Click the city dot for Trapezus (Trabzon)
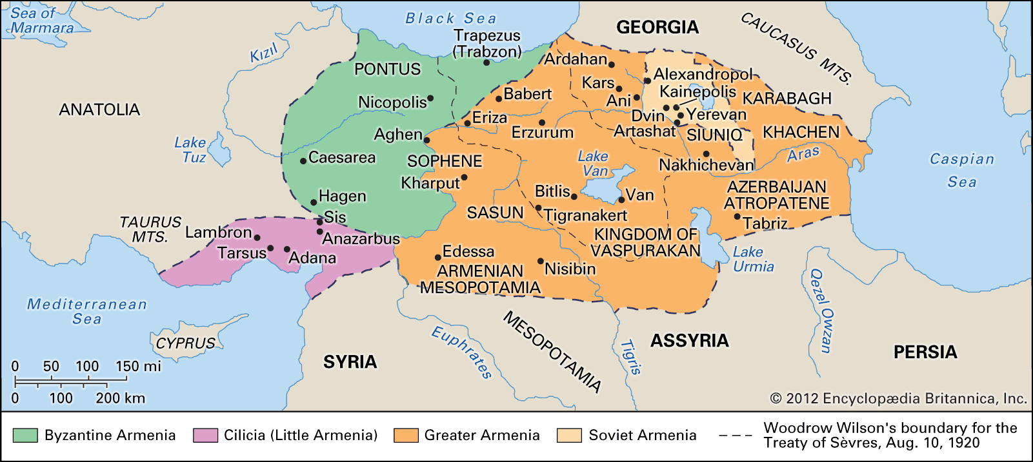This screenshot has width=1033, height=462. tap(486, 63)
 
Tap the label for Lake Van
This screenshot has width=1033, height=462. tap(594, 164)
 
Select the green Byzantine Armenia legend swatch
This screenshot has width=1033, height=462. tap(25, 436)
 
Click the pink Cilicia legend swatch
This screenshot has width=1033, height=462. tap(205, 436)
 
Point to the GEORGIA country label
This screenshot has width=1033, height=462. tap(657, 27)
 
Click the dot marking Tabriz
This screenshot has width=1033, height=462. tap(737, 217)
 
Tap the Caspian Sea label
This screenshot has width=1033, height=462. tap(961, 170)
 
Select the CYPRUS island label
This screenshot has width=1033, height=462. tap(186, 343)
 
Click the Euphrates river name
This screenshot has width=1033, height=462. tap(462, 352)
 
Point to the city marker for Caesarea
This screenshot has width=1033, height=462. tap(303, 160)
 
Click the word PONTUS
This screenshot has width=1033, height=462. tap(387, 69)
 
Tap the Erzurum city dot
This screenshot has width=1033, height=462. tap(542, 122)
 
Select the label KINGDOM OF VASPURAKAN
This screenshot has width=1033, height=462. tap(645, 242)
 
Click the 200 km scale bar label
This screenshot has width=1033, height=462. tap(120, 398)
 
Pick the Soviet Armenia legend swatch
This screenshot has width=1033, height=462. tap(570, 436)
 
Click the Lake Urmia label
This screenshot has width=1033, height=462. tap(752, 259)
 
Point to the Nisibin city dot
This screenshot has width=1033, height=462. tap(541, 261)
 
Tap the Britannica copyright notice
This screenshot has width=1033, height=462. tap(898, 398)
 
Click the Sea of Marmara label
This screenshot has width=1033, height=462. tap(42, 21)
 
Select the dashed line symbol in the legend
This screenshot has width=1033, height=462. tap(735, 436)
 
